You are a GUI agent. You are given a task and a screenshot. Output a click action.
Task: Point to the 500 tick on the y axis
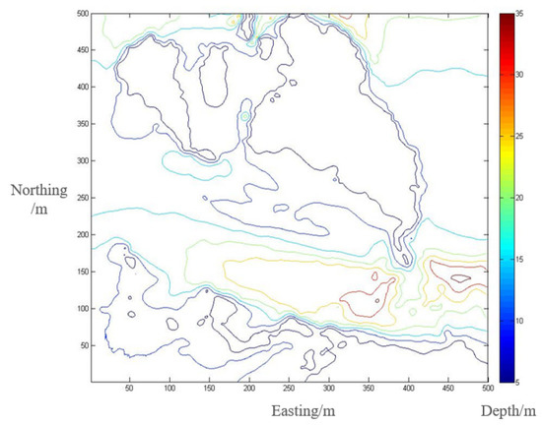pos(82,15)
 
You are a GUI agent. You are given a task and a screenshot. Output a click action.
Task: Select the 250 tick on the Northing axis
pos(82,198)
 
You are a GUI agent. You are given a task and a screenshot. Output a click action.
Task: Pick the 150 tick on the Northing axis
pos(82,272)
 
